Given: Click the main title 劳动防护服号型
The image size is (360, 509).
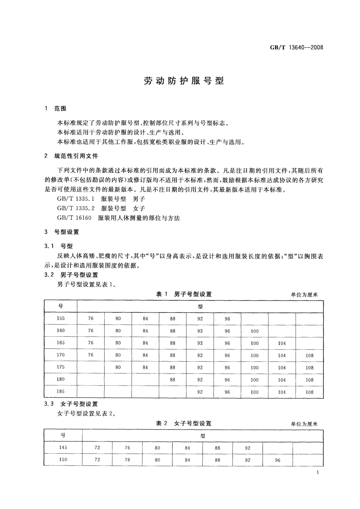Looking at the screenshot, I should [184, 81].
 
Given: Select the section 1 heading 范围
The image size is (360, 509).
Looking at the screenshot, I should [60, 109].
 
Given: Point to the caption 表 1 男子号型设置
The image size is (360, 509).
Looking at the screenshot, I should [184, 294].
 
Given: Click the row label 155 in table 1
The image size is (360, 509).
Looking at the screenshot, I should [61, 319].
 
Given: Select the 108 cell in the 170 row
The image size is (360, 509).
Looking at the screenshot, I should [310, 356].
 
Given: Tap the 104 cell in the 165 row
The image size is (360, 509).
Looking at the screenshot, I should [282, 343].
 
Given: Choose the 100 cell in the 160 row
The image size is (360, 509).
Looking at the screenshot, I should [255, 331].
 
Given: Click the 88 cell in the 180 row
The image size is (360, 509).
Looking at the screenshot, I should [173, 379].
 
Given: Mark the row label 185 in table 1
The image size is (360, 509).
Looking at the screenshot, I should [61, 392].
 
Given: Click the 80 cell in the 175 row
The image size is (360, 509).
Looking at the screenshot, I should [118, 367].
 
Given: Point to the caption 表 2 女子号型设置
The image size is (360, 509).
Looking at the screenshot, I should [184, 423].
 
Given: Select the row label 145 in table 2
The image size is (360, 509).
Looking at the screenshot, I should [63, 448].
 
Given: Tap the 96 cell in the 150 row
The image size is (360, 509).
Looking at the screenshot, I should [278, 460].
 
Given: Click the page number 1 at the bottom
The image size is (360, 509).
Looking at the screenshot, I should [317, 472].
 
